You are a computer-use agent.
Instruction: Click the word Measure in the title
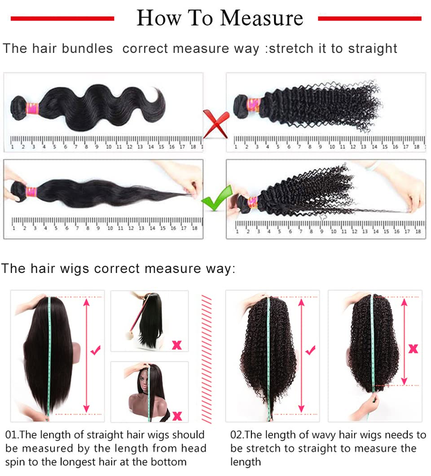(262, 18)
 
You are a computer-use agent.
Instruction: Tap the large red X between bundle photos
(216, 124)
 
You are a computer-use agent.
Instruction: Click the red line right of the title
(369, 18)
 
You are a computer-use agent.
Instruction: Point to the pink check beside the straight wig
(95, 351)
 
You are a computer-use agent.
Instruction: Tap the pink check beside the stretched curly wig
(310, 351)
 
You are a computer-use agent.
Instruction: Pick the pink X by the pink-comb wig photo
(177, 345)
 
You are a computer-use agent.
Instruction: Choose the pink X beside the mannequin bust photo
(177, 416)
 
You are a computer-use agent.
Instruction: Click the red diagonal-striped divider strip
(206, 359)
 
